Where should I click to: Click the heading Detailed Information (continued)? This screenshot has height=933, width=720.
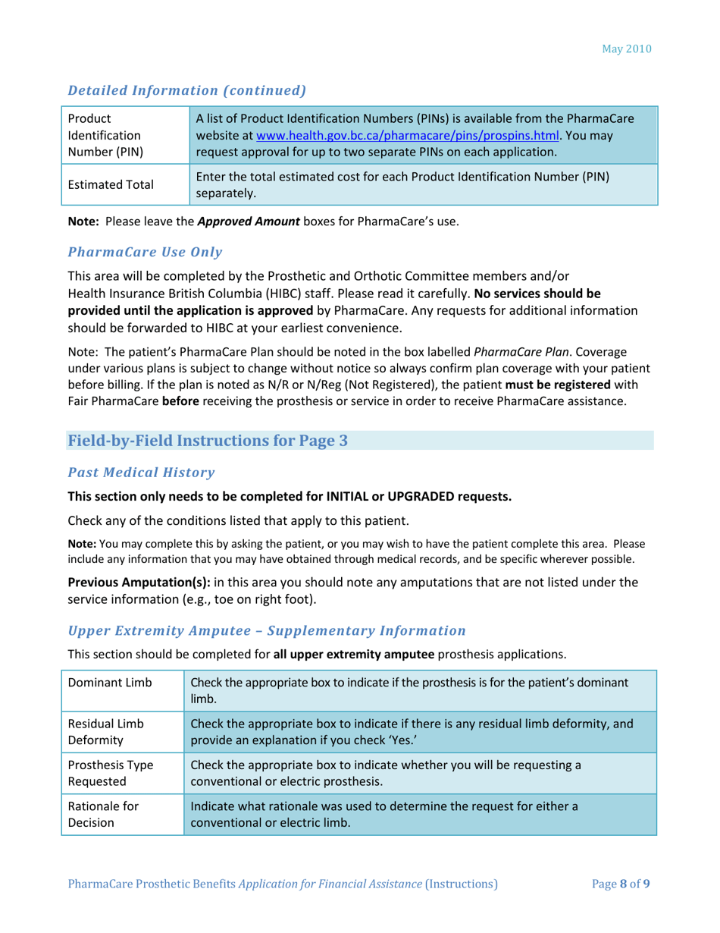coord(186,90)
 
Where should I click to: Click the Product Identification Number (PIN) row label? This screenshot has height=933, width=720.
coord(105,135)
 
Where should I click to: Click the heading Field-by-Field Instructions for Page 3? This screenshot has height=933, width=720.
coord(208,441)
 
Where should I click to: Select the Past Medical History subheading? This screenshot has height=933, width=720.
coord(142,473)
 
